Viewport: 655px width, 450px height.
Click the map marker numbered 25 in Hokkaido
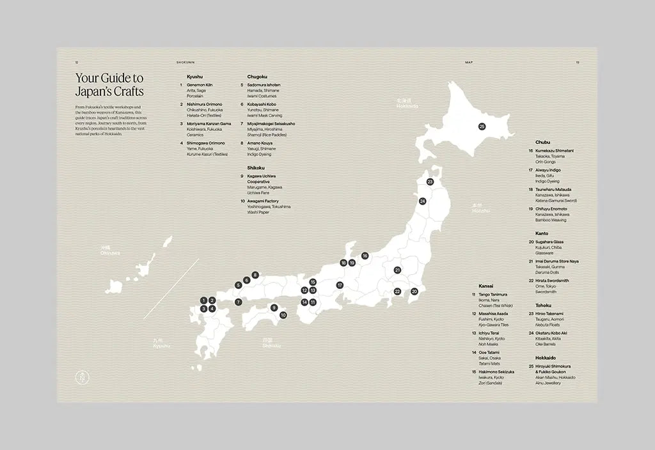click(x=482, y=127)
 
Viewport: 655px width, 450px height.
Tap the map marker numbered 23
click(x=430, y=182)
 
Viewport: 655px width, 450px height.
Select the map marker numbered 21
click(x=397, y=270)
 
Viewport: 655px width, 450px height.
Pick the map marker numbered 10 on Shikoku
click(x=283, y=314)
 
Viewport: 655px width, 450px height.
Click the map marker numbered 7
click(x=238, y=302)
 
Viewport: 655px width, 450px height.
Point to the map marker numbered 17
click(x=340, y=285)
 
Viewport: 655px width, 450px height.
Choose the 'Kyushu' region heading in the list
click(x=194, y=77)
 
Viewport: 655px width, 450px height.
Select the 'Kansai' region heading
click(x=486, y=286)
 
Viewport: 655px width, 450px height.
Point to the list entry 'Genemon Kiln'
click(x=200, y=85)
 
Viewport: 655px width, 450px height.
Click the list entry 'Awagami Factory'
click(x=264, y=201)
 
